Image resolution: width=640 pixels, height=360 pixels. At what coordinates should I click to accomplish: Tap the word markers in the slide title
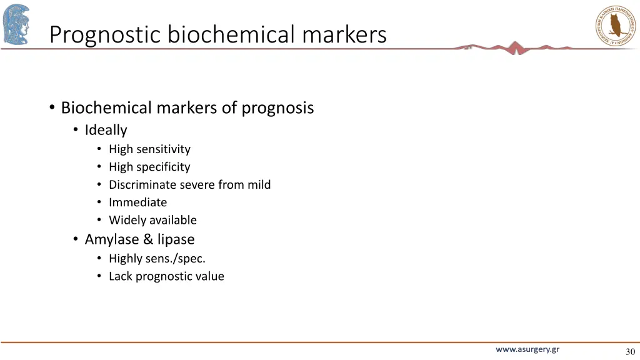pos(344,34)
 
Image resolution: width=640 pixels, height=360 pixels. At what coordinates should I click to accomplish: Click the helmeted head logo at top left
pos(16,24)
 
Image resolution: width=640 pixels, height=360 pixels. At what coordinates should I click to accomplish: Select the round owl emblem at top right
pos(615,25)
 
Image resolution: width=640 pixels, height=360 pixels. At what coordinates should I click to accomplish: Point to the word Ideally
pos(106,130)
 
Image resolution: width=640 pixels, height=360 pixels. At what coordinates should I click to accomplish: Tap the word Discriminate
pos(142,185)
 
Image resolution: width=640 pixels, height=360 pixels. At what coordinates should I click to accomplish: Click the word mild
pos(259,185)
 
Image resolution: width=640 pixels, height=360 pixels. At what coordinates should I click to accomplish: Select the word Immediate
pos(137,202)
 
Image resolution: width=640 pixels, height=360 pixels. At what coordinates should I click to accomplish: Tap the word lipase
pos(176,239)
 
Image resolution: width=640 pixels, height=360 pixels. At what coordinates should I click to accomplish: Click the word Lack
pos(121,276)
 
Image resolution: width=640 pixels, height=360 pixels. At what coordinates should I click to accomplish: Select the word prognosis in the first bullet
pos(277,108)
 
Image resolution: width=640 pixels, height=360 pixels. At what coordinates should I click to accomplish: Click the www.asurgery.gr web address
pos(527,349)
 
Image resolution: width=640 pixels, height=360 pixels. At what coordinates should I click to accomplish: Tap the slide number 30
pos(629,351)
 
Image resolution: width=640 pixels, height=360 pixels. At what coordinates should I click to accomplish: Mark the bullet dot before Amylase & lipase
pos(75,239)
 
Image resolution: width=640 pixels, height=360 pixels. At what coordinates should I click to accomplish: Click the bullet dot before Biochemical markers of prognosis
pos(51,107)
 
